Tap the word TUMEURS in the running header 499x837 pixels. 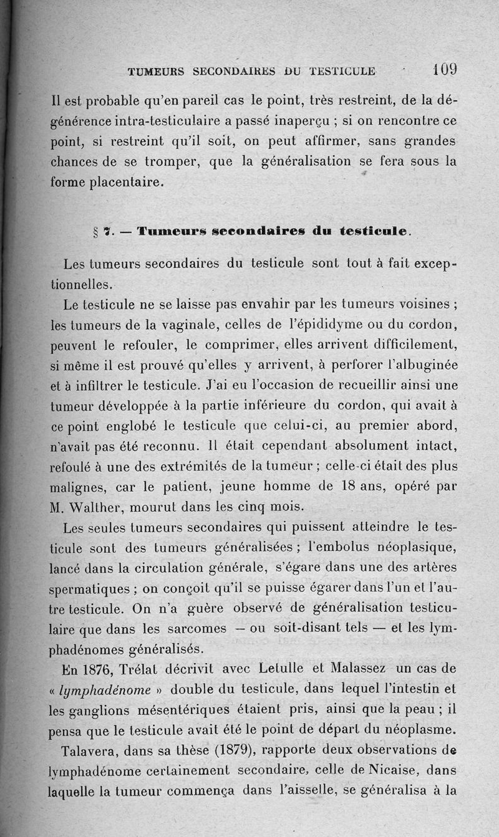click(x=156, y=72)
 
